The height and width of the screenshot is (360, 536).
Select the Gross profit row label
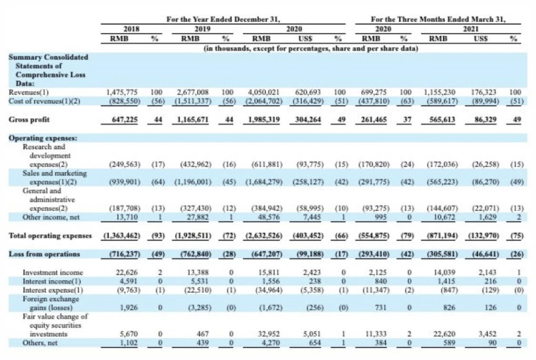point(29,120)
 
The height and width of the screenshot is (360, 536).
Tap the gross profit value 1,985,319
point(264,120)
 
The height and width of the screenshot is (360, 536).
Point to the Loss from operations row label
point(44,254)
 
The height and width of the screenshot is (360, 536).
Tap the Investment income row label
point(53,272)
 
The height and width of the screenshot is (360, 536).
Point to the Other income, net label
point(51,217)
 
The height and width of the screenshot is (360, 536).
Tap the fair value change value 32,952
point(271,335)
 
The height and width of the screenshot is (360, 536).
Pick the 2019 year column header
point(199,29)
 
